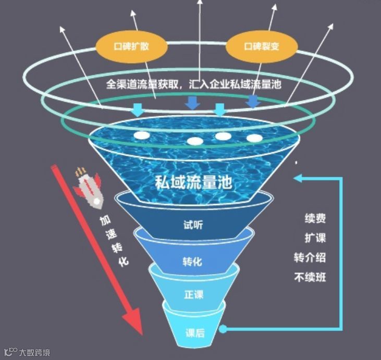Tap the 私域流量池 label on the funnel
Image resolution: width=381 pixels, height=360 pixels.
[193, 182]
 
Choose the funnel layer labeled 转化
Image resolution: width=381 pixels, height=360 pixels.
[192, 261]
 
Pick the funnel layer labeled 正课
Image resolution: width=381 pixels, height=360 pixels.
[193, 294]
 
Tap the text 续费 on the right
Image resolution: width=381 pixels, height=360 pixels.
[315, 218]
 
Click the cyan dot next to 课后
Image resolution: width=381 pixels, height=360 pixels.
[223, 329]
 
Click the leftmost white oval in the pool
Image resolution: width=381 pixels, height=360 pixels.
[141, 134]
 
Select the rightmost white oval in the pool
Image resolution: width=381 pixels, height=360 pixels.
[254, 138]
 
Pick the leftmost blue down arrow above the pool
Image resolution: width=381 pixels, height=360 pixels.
[137, 109]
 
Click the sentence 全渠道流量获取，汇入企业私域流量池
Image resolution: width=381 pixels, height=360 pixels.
[193, 84]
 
